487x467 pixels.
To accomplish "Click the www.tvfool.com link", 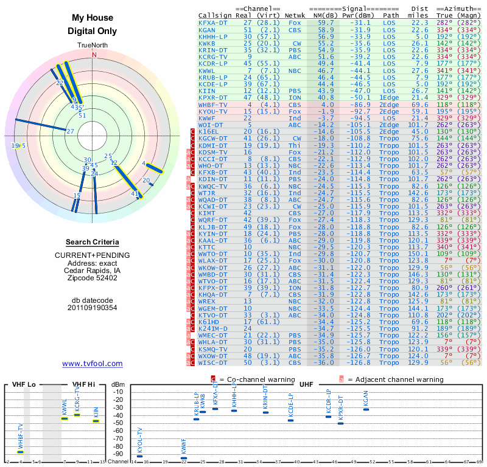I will [x=93, y=364].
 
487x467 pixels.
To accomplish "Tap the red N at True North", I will [x=94, y=55].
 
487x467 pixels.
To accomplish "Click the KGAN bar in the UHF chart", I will [x=366, y=409].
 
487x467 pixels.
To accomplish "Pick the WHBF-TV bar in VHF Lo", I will [x=21, y=452].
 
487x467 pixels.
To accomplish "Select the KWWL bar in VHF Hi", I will [x=65, y=418].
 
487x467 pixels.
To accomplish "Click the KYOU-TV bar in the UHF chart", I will [x=139, y=455].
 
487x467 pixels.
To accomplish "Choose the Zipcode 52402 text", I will [x=93, y=278].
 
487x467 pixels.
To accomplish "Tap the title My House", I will [x=93, y=19].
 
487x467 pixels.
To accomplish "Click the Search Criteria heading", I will [x=93, y=242].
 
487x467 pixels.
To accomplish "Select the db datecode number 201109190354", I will [x=93, y=308].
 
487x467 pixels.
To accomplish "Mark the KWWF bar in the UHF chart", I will [x=184, y=458].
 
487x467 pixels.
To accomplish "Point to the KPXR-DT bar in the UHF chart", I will [x=340, y=423].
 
